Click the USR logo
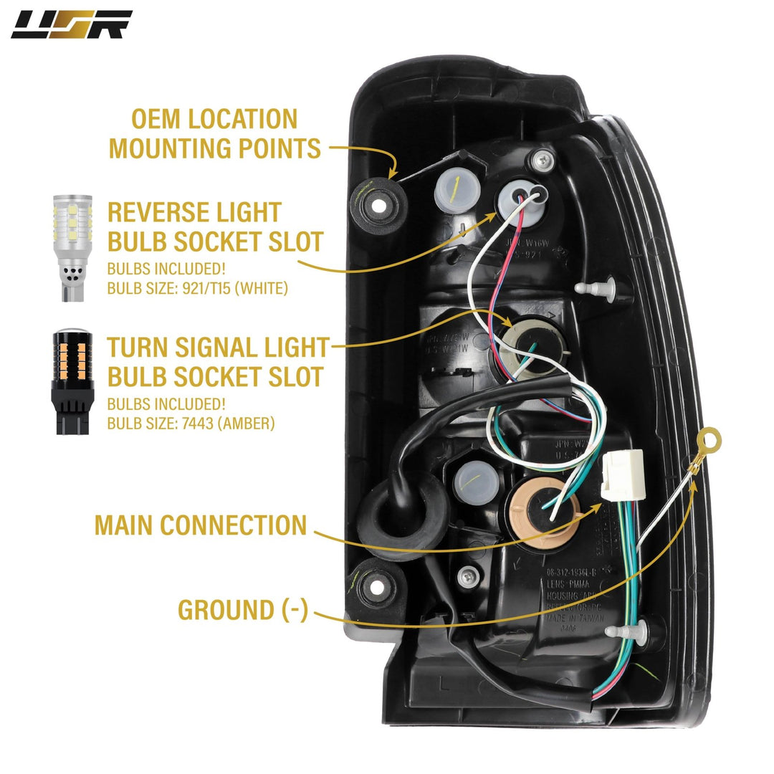tap(71, 24)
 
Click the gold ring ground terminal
tap(709, 437)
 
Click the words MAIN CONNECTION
tap(200, 525)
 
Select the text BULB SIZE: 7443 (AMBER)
tap(191, 423)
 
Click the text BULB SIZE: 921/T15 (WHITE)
tap(197, 290)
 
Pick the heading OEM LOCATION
tap(203, 119)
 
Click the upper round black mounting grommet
tap(379, 203)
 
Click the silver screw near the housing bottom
tap(469, 573)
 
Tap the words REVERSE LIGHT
tap(194, 212)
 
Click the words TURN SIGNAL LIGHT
tap(217, 348)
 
